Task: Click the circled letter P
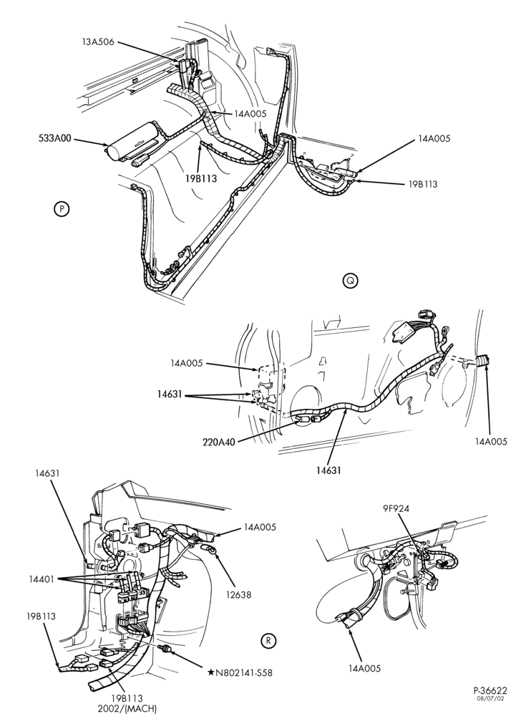coord(61,209)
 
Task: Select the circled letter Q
coord(351,281)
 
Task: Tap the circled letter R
coord(268,641)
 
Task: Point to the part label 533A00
coord(54,138)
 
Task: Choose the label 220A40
coord(220,442)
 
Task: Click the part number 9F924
coord(396,508)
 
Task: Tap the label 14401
coord(42,579)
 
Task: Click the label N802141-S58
coord(244,672)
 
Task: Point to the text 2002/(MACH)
coord(127,709)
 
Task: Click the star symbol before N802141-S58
coord(211,672)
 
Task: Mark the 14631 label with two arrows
coord(168,395)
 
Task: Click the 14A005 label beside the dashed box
coord(187,364)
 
